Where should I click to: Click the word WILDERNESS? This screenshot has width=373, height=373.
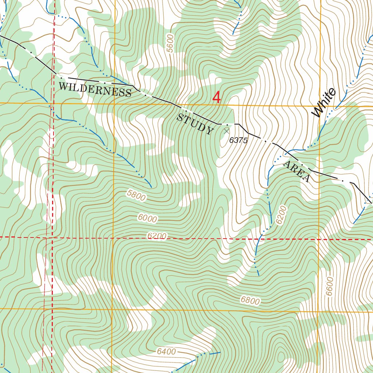click(x=95, y=89)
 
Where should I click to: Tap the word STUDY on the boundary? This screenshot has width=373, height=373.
click(x=195, y=124)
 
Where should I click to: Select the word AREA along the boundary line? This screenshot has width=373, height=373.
click(x=297, y=171)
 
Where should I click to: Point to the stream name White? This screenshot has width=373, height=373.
click(x=324, y=103)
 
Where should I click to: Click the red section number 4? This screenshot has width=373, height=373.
click(x=217, y=98)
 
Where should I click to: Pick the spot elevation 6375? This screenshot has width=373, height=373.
click(x=239, y=140)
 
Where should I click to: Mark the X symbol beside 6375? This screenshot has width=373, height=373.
click(x=227, y=130)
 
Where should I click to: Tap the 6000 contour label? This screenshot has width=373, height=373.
click(x=148, y=218)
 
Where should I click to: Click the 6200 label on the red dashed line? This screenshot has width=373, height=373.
click(x=157, y=236)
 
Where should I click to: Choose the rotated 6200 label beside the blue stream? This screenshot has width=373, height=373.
click(x=282, y=215)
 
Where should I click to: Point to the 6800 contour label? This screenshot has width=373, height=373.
click(x=250, y=301)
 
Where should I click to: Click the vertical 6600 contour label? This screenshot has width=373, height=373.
click(x=330, y=286)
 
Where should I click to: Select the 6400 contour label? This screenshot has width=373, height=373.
click(x=166, y=352)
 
